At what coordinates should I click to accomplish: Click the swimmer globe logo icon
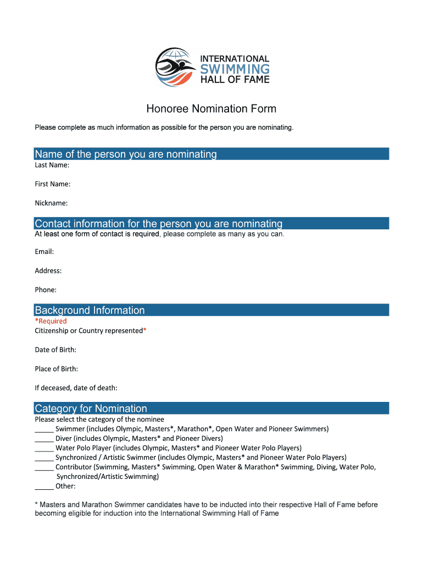pos(175,67)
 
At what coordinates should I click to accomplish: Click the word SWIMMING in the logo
pos(235,69)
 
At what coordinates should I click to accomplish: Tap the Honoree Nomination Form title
pos(211,109)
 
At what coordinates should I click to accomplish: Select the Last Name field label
pos(52,165)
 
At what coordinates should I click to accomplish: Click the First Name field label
pos(52,184)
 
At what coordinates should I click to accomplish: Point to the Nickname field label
pos(51,203)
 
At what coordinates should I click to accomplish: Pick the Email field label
pos(44,252)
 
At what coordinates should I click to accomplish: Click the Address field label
pos(48,271)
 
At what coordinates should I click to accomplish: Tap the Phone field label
pos(46,290)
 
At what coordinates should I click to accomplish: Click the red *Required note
pos(51,321)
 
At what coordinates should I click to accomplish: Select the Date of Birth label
pos(55,350)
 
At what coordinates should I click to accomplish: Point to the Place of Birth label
pos(56,369)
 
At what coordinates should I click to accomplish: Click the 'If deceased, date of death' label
pos(76,388)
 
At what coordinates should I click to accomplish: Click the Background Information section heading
pos(90,310)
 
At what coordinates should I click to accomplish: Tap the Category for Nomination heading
pos(91,409)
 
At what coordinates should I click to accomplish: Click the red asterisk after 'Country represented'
pos(144,330)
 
